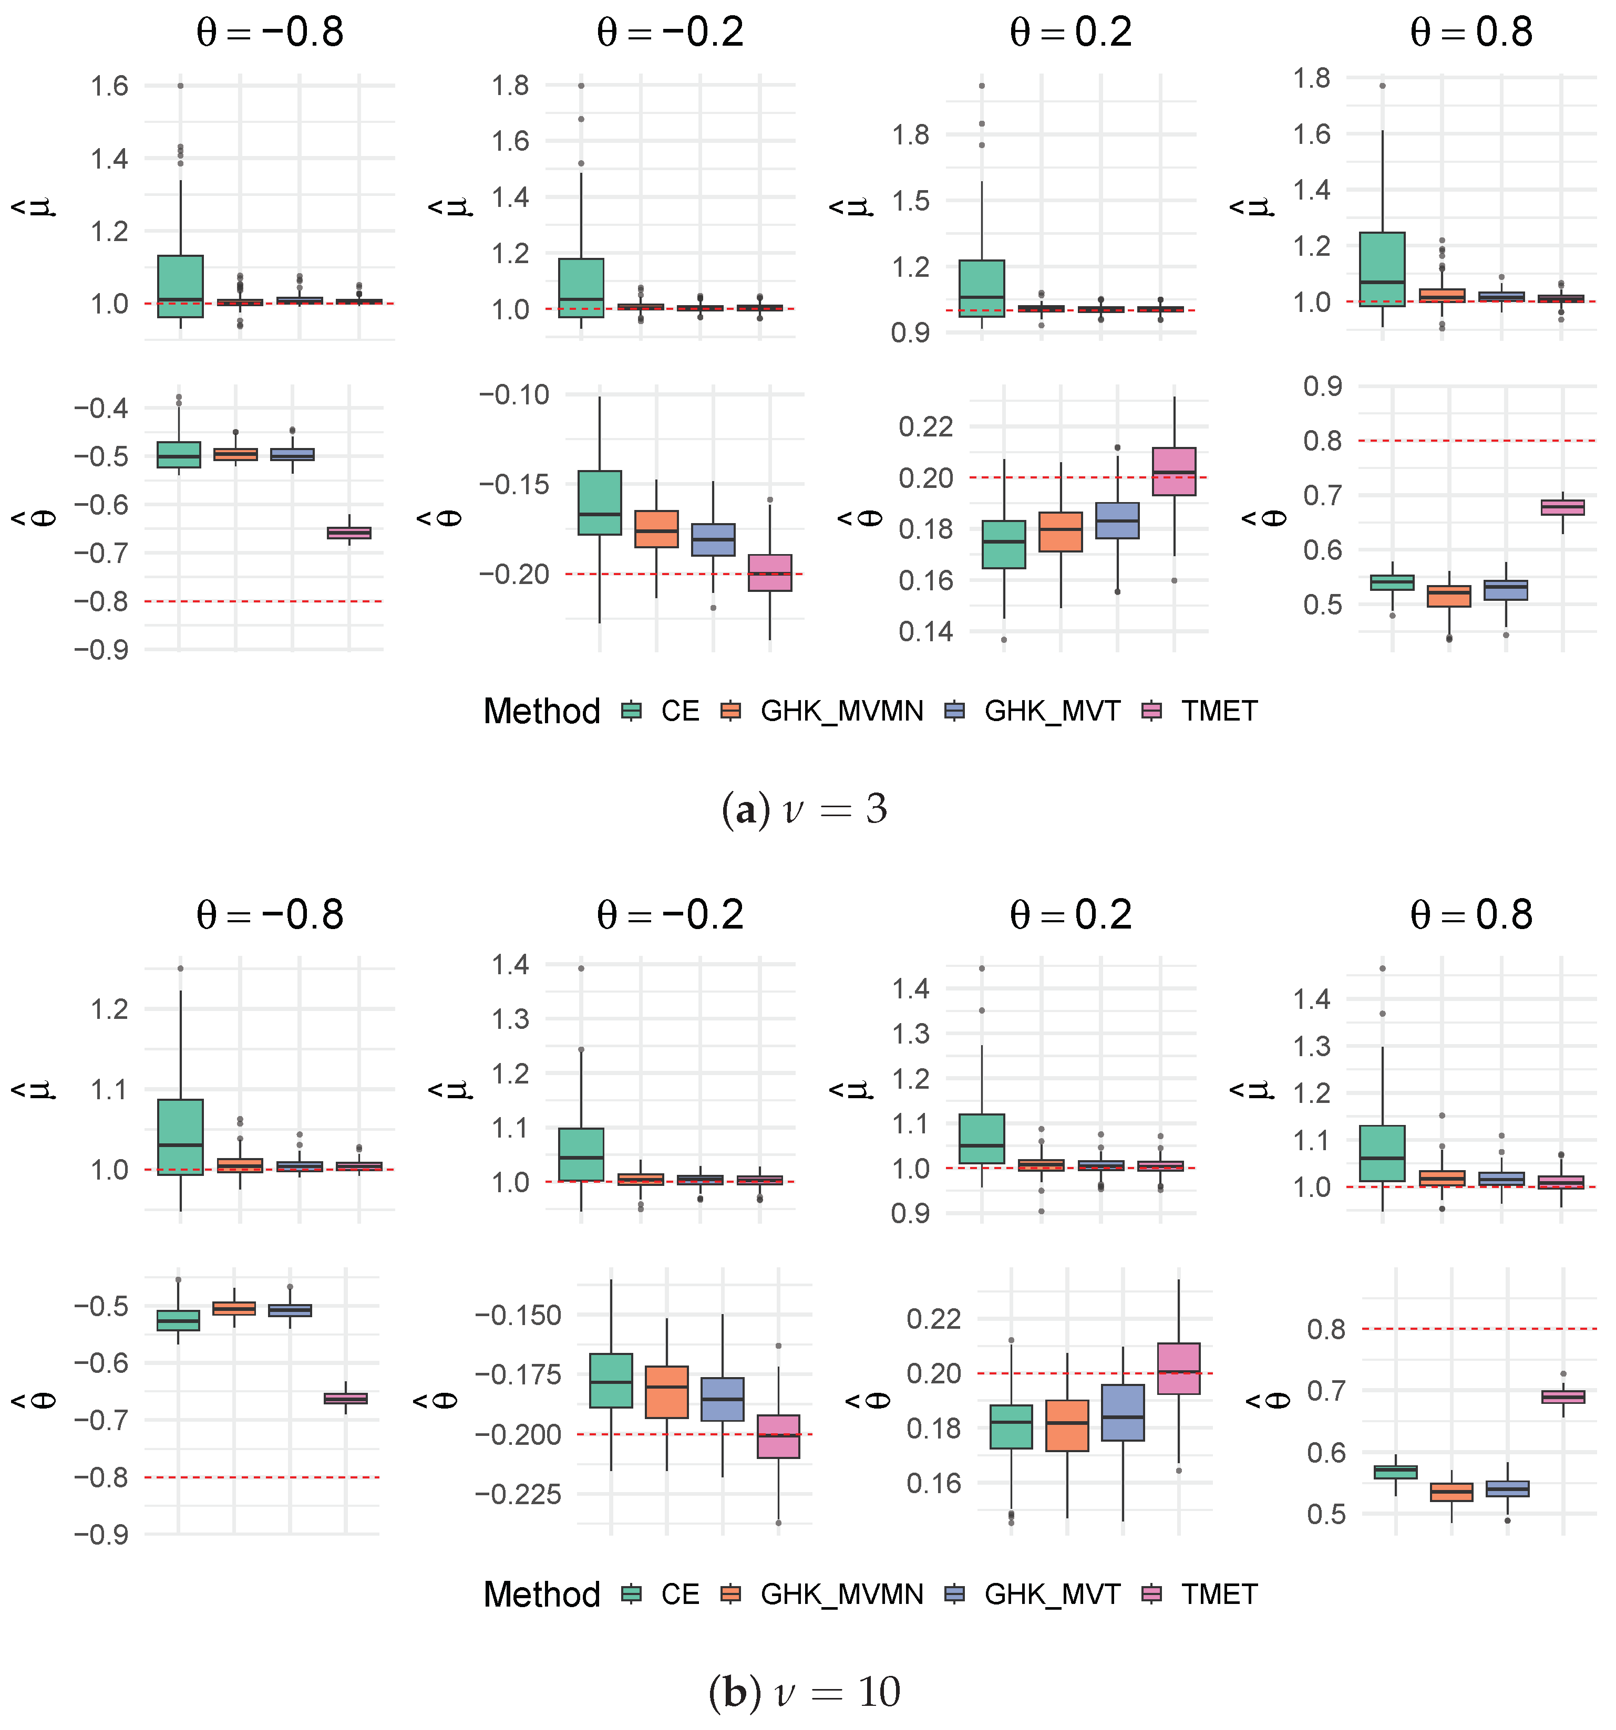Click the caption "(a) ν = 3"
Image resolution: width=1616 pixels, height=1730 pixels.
(x=805, y=809)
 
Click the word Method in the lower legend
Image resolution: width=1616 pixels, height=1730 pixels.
(x=542, y=1594)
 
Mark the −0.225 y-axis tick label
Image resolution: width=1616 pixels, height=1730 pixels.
(x=518, y=1494)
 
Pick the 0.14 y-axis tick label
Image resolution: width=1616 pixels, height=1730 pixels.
(x=927, y=631)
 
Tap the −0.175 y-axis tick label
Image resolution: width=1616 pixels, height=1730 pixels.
(x=518, y=1375)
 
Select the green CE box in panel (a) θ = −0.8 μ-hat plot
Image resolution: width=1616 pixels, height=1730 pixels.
(x=180, y=286)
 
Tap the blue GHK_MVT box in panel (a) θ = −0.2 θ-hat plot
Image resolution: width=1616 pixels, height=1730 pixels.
(x=713, y=539)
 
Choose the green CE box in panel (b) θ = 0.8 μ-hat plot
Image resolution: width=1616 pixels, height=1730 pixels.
(x=1382, y=1153)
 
